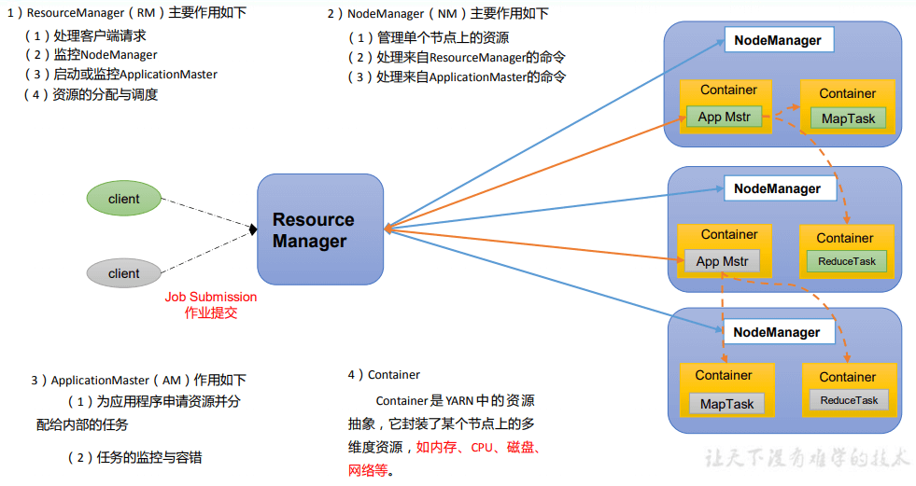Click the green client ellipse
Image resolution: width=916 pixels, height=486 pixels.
[x=124, y=199]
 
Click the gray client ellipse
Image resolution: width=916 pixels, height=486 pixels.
[x=124, y=273]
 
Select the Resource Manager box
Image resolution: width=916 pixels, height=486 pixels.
[x=320, y=229]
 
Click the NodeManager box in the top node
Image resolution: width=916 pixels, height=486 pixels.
[x=778, y=40]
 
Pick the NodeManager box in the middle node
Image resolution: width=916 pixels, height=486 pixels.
[x=778, y=188]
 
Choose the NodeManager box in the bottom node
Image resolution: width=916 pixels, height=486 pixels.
[x=777, y=332]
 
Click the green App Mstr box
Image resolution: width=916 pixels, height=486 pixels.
[x=724, y=117]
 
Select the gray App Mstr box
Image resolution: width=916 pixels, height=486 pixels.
[x=722, y=261]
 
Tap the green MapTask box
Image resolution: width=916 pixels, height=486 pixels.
[x=849, y=118]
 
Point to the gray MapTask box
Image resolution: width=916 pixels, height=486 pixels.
[x=726, y=404]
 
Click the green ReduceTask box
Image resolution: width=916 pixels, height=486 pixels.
[x=847, y=261]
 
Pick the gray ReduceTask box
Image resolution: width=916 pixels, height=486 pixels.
[x=849, y=400]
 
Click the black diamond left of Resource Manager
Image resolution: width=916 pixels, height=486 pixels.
[x=252, y=229]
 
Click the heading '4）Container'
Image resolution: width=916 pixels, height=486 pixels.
[x=384, y=375]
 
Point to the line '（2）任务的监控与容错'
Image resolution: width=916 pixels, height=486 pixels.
[x=134, y=457]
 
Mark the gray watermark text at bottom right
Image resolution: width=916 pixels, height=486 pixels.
[x=805, y=458]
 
